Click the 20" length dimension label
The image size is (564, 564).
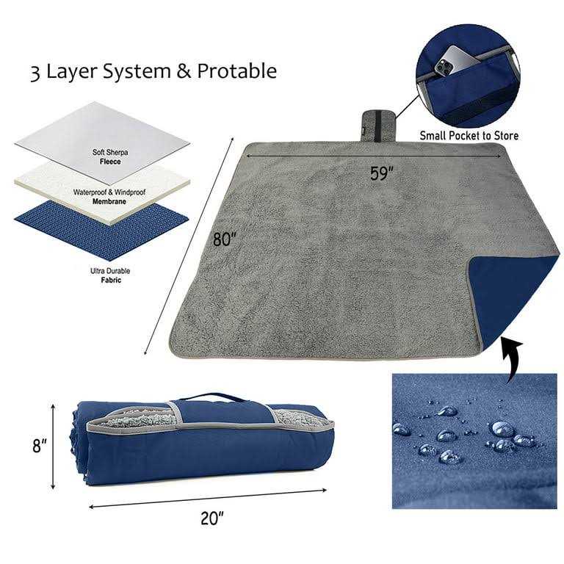211,518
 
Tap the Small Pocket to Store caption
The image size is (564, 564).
469,135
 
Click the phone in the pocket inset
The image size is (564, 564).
450,63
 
